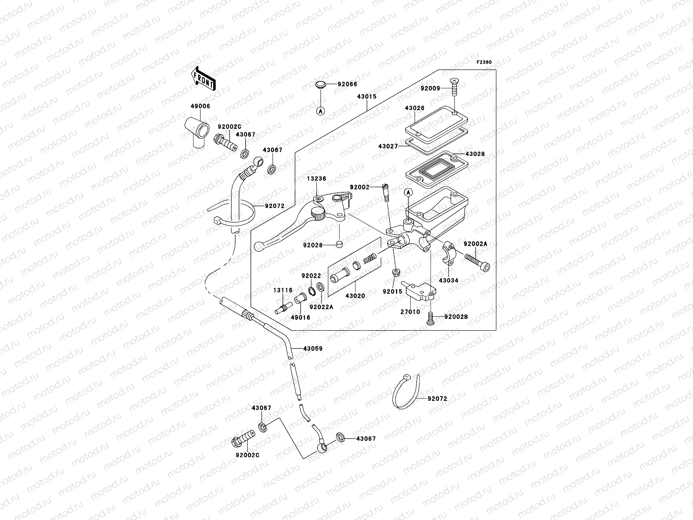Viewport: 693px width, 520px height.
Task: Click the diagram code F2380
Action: pos(484,62)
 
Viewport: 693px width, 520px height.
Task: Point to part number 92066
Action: pos(348,84)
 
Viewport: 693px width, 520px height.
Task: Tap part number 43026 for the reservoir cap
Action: pos(415,108)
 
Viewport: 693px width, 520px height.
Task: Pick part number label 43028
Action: pos(475,154)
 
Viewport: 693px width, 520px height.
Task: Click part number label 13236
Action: pos(317,179)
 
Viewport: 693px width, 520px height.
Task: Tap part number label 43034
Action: pos(448,280)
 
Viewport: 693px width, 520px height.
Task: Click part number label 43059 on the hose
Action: pos(313,348)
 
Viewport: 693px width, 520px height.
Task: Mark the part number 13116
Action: pos(283,290)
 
